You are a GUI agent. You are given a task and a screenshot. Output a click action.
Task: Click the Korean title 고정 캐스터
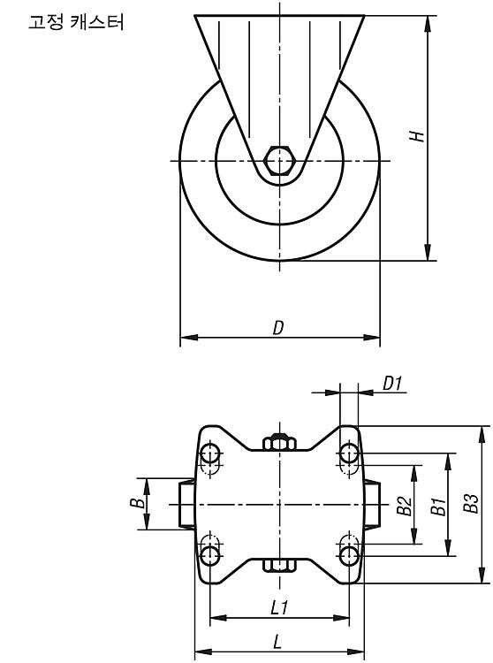click(x=76, y=22)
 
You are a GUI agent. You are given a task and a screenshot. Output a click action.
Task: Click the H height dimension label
click(x=416, y=136)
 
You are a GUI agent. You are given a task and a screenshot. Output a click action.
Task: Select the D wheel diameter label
click(x=278, y=328)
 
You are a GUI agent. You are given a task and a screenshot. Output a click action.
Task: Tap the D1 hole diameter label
click(x=392, y=384)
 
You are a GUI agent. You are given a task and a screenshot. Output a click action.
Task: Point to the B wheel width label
click(x=137, y=503)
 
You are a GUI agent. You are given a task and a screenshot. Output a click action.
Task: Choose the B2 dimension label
click(x=405, y=506)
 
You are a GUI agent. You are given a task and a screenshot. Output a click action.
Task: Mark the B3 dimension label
click(x=471, y=503)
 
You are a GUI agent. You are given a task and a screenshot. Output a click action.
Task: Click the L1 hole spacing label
click(x=279, y=607)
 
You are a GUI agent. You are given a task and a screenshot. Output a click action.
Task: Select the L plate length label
click(x=277, y=643)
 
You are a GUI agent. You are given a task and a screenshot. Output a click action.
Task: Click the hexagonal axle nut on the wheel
click(x=279, y=161)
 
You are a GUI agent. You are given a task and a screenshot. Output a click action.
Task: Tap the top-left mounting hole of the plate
click(x=210, y=454)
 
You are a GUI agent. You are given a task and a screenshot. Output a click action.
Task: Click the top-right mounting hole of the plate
click(x=349, y=453)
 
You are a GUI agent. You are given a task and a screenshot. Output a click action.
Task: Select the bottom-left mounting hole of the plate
click(x=210, y=555)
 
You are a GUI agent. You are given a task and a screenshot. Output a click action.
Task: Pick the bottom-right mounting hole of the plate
click(x=349, y=555)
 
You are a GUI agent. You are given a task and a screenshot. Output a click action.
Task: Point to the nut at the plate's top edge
click(x=279, y=441)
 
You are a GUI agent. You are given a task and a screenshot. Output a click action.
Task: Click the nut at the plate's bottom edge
click(x=279, y=566)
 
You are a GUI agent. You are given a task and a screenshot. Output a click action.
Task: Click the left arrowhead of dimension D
click(x=189, y=338)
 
